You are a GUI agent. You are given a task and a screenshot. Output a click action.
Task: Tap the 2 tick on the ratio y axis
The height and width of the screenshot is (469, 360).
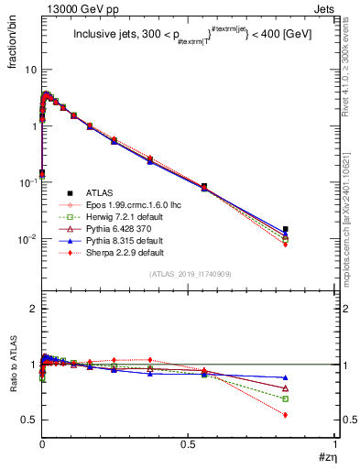(33, 309)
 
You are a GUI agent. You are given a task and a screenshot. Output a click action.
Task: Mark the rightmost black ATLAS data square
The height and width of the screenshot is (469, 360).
(286, 229)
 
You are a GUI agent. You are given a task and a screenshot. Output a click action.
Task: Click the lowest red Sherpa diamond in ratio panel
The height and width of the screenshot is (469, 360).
(286, 415)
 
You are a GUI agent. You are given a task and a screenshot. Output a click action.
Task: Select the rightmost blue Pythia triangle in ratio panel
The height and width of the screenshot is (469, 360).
(286, 377)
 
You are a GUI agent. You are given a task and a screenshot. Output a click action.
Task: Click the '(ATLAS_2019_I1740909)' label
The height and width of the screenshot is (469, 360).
(189, 274)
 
